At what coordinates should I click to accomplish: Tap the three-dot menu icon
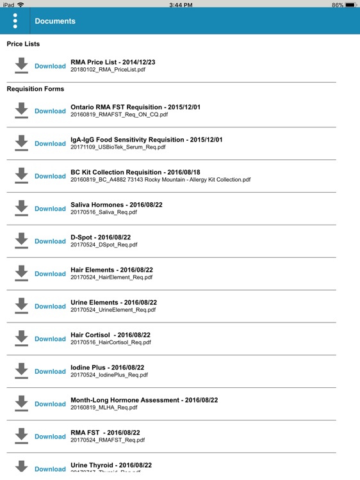pyautogui.click(x=15, y=21)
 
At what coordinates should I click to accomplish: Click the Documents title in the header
pyautogui.click(x=55, y=21)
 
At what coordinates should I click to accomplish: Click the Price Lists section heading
pyautogui.click(x=23, y=44)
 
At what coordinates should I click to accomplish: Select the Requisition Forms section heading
pyautogui.click(x=35, y=89)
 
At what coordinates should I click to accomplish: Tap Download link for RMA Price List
pyautogui.click(x=50, y=66)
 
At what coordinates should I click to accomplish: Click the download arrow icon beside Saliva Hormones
pyautogui.click(x=22, y=209)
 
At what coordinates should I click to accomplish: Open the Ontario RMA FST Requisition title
pyautogui.click(x=135, y=107)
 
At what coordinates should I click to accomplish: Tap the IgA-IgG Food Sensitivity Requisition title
pyautogui.click(x=146, y=140)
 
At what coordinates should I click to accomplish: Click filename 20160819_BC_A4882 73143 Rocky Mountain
pyautogui.click(x=160, y=180)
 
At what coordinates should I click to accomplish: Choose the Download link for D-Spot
pyautogui.click(x=50, y=241)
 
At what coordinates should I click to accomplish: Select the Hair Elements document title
pyautogui.click(x=111, y=270)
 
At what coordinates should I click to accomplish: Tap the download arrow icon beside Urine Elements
pyautogui.click(x=22, y=306)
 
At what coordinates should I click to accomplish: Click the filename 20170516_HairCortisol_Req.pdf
pyautogui.click(x=111, y=342)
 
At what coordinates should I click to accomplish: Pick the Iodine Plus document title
pyautogui.click(x=107, y=367)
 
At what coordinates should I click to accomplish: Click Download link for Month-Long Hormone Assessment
pyautogui.click(x=50, y=404)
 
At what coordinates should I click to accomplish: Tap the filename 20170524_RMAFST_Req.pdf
pyautogui.click(x=108, y=440)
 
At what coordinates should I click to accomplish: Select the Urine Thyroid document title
pyautogui.click(x=111, y=465)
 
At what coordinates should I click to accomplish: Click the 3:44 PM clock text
pyautogui.click(x=180, y=4)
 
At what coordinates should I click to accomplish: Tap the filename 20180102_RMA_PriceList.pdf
pyautogui.click(x=108, y=69)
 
